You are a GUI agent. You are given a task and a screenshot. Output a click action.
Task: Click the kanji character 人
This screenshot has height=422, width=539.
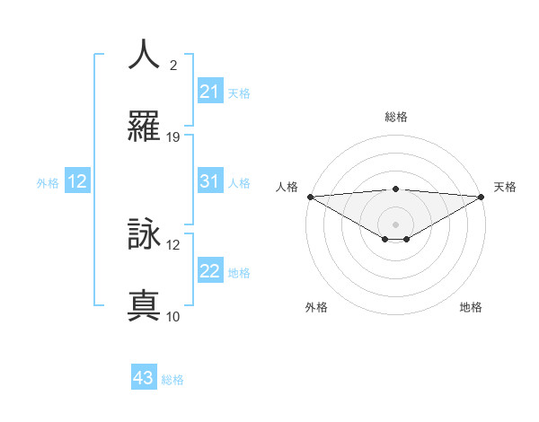coord(144,55)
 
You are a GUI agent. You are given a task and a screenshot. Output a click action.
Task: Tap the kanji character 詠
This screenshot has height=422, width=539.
coord(144,234)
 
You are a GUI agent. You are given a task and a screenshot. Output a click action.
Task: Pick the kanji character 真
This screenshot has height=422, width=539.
coord(144,306)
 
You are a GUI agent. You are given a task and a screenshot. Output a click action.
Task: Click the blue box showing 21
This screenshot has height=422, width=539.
coord(209,92)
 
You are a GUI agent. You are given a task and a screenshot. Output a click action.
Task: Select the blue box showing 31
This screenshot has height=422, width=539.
coord(209,181)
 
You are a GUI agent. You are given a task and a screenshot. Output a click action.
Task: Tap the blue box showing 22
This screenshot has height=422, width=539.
coord(209,271)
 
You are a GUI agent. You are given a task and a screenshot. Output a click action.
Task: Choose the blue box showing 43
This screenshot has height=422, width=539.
coord(143,378)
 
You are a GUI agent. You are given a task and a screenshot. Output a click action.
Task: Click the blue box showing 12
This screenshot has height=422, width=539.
coord(77,181)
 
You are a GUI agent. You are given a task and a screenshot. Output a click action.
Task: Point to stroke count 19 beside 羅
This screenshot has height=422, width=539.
coord(173,137)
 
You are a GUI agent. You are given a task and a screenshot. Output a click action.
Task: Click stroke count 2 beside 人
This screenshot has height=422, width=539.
coord(172,66)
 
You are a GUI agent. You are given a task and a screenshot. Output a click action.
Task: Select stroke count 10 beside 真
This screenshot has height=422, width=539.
coord(173,316)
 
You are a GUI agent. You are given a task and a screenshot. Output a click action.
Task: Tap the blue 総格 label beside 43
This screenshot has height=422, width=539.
coord(172,380)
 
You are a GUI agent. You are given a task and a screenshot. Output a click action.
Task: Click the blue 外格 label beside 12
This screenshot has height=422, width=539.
coord(48,183)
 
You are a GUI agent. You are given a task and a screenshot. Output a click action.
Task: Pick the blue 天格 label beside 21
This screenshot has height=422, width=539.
coord(239,93)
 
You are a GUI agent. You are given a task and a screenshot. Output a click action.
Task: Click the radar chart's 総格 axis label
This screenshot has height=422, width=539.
coord(396,117)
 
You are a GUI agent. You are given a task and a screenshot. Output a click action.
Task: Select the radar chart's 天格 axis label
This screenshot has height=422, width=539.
coord(506,187)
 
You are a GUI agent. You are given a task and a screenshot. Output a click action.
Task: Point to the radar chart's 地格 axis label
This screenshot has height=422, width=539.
coord(471,307)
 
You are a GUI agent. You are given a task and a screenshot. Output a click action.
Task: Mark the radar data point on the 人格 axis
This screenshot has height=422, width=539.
coord(310,197)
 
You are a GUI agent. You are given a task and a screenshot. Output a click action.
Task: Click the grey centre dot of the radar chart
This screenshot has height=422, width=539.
coord(396,224)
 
